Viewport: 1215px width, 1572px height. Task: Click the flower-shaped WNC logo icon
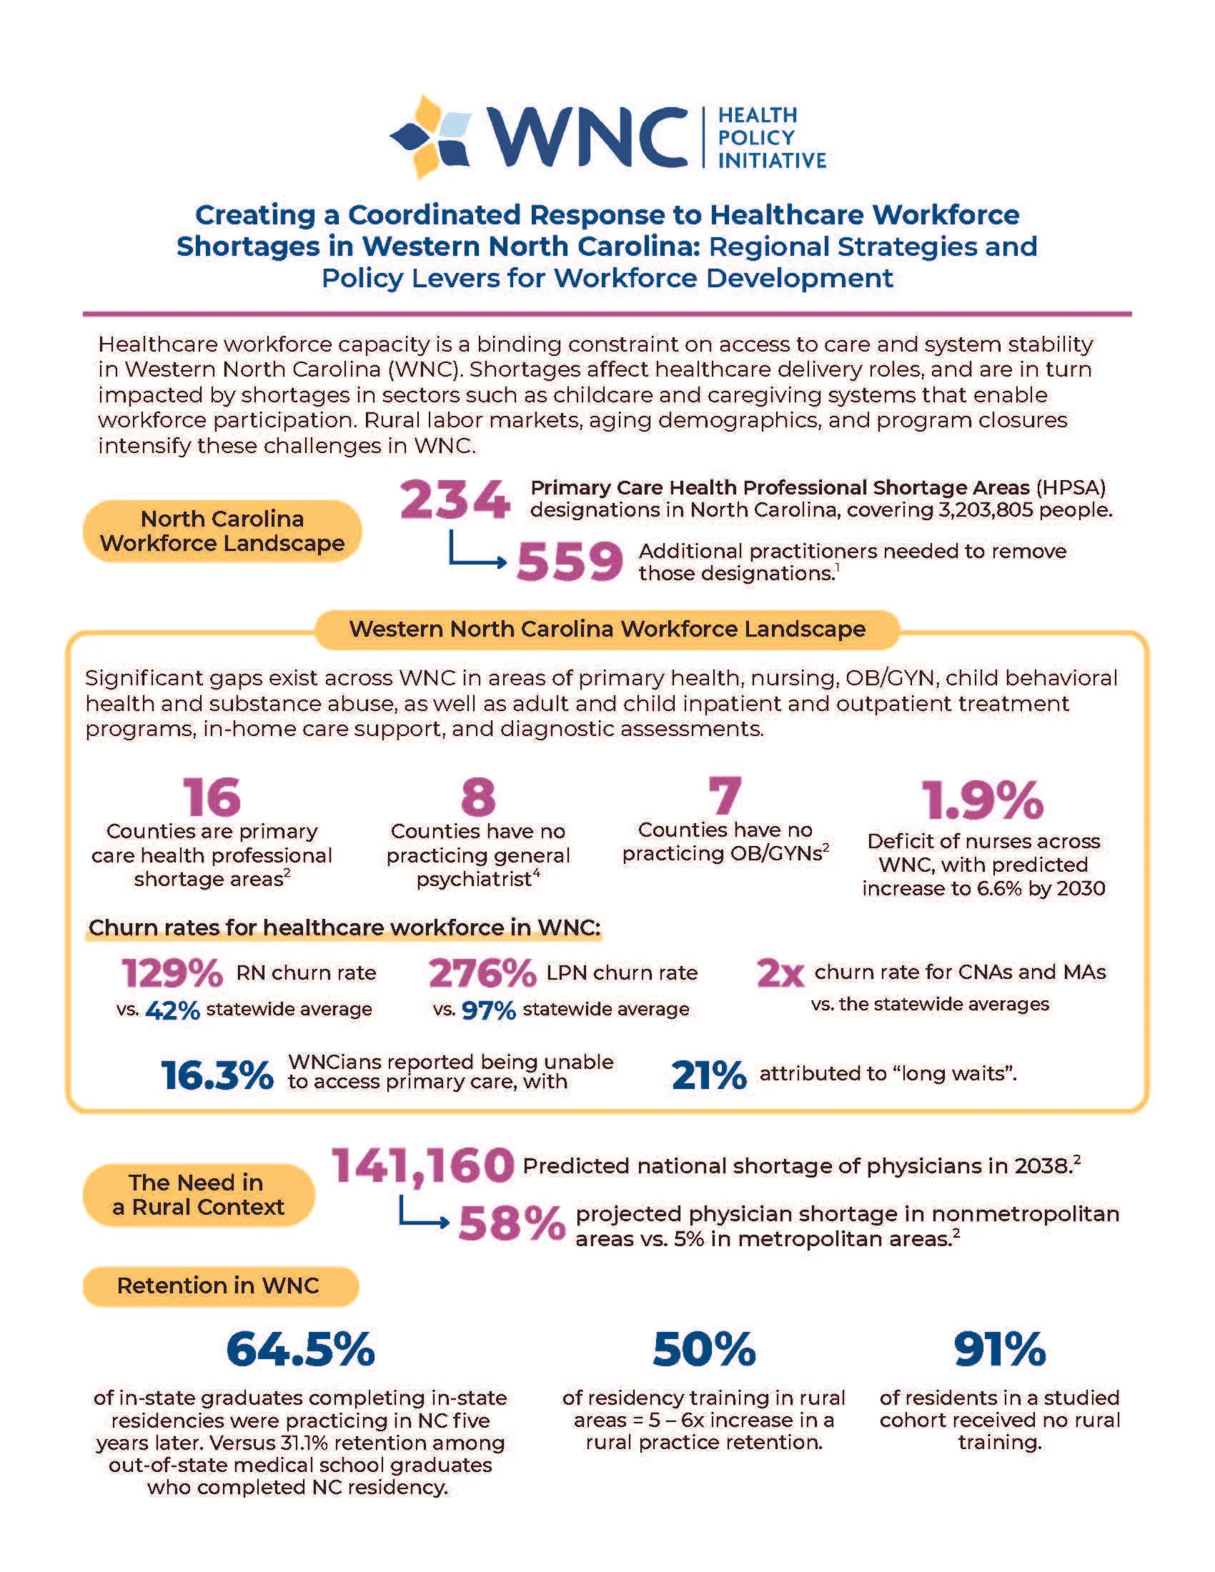(x=431, y=136)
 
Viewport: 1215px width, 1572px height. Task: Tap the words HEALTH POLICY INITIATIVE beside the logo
(x=771, y=137)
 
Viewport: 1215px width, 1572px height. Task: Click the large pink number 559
(x=570, y=562)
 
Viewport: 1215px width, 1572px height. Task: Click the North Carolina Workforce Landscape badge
(x=222, y=531)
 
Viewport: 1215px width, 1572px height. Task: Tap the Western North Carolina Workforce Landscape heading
(x=607, y=629)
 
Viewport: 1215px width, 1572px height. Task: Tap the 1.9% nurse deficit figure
(x=983, y=800)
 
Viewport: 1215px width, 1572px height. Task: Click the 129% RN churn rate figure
(x=172, y=973)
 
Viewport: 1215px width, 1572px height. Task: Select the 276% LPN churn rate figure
(x=482, y=973)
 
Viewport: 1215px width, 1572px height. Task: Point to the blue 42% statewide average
(x=172, y=1010)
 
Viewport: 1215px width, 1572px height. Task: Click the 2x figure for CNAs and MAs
(x=780, y=974)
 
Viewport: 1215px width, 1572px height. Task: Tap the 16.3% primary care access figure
(x=217, y=1075)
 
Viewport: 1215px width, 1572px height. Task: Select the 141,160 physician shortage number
(x=423, y=1166)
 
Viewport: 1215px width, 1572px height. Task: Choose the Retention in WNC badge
(x=219, y=1286)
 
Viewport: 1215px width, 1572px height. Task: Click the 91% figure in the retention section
(x=999, y=1350)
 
